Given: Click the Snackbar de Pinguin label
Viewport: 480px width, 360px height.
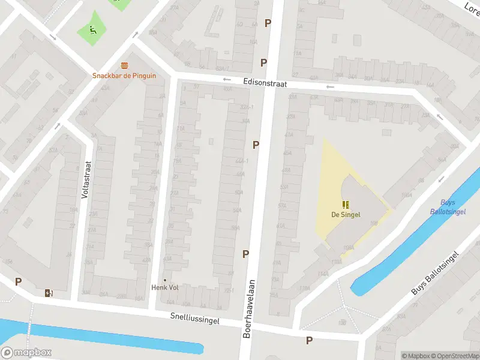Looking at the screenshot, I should [124, 76].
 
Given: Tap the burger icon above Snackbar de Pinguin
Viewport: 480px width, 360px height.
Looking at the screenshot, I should [124, 65].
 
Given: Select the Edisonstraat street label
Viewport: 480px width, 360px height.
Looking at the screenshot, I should [265, 83].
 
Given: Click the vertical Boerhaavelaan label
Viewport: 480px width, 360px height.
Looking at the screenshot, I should [248, 308].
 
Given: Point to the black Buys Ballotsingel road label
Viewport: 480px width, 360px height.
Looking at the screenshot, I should [435, 272].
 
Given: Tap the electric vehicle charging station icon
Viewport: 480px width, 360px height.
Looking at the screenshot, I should [49, 293].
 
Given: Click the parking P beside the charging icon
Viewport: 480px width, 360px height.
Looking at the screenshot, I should [19, 281].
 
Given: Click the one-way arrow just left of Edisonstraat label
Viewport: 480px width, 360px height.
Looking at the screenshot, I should [227, 79].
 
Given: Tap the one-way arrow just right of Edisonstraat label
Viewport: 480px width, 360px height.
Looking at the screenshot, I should [329, 86].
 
